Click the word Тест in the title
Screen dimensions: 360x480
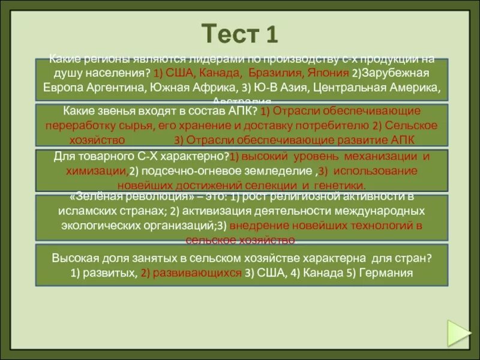[x=226, y=34]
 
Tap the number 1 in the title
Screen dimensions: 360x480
[x=271, y=34]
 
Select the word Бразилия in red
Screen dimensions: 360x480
[x=274, y=73]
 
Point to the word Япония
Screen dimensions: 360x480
[x=328, y=73]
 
